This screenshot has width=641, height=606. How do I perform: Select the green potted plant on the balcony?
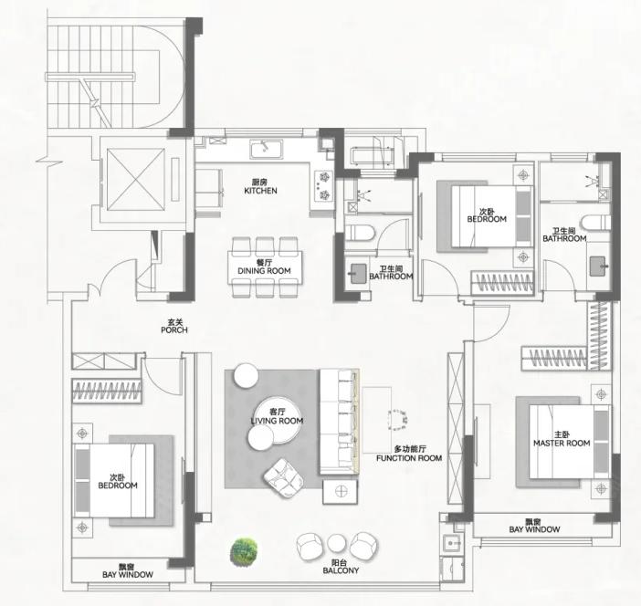[x=244, y=552]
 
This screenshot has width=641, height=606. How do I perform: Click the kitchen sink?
[x=267, y=150]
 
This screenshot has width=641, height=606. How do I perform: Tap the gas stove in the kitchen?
[x=324, y=186]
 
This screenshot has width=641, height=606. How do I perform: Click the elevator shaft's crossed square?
[x=136, y=180]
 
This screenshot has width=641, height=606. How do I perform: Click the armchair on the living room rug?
[x=283, y=478]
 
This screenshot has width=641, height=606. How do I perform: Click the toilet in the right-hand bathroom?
[x=596, y=223]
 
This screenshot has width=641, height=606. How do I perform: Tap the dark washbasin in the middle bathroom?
[x=359, y=274]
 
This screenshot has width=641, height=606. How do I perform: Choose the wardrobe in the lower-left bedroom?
[x=107, y=391]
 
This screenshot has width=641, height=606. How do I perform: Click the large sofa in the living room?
[x=340, y=422]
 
